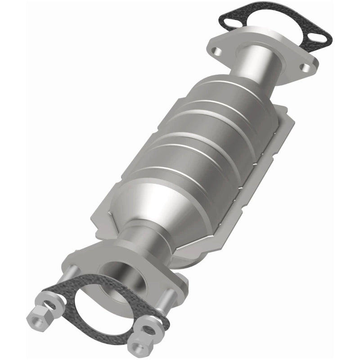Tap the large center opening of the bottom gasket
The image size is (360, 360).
pos(101,306)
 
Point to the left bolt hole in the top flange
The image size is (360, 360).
pos(218,50)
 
